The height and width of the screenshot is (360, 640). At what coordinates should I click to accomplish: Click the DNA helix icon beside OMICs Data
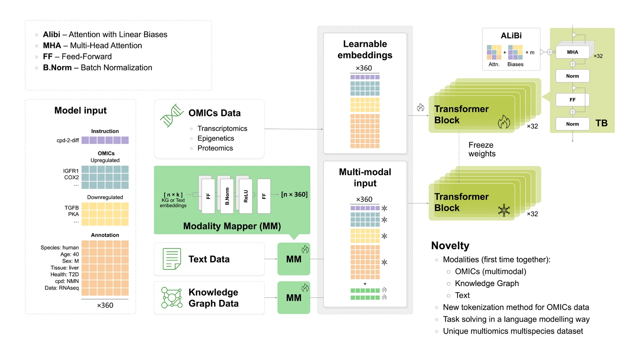(x=172, y=115)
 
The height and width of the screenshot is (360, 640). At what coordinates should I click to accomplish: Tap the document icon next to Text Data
(x=172, y=259)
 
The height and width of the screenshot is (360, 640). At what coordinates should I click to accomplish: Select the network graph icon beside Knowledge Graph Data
(x=172, y=298)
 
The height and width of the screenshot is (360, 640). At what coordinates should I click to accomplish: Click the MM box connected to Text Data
(x=294, y=259)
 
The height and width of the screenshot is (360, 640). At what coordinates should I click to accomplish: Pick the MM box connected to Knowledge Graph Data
(x=294, y=298)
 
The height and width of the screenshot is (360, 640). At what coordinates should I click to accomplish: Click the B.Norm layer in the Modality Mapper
(x=227, y=196)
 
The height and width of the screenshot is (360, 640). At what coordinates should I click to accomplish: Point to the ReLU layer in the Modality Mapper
(x=246, y=196)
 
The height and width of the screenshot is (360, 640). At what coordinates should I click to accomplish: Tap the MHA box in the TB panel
(x=572, y=52)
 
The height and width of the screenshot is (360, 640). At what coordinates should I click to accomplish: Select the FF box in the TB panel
(x=572, y=100)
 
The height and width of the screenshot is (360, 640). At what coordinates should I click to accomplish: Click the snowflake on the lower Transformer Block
(x=504, y=210)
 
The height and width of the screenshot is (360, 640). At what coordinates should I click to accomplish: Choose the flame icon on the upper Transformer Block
(x=504, y=122)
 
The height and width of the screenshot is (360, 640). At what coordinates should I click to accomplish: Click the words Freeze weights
(x=482, y=149)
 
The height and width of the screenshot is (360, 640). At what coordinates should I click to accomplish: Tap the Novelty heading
(x=450, y=245)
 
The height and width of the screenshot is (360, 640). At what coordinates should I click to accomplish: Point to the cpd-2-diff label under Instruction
(x=68, y=140)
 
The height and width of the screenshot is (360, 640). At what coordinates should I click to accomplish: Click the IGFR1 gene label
(x=71, y=171)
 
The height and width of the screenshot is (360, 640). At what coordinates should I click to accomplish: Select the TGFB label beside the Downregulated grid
(x=72, y=208)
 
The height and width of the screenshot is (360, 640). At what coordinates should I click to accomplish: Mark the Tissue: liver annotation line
(x=65, y=268)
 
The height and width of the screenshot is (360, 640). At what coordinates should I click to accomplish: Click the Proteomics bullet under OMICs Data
(x=215, y=148)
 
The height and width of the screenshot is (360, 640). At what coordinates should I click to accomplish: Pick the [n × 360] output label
(x=294, y=194)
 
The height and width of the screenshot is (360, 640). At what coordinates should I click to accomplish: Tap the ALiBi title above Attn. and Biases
(x=511, y=35)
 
